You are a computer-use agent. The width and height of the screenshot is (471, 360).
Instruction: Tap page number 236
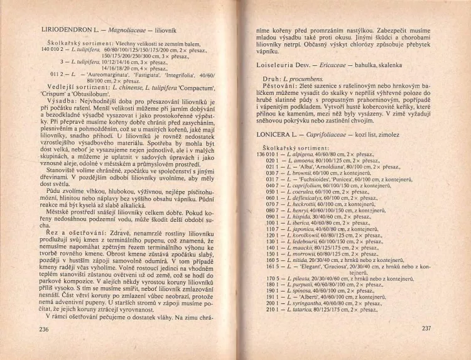tap(43, 329)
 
